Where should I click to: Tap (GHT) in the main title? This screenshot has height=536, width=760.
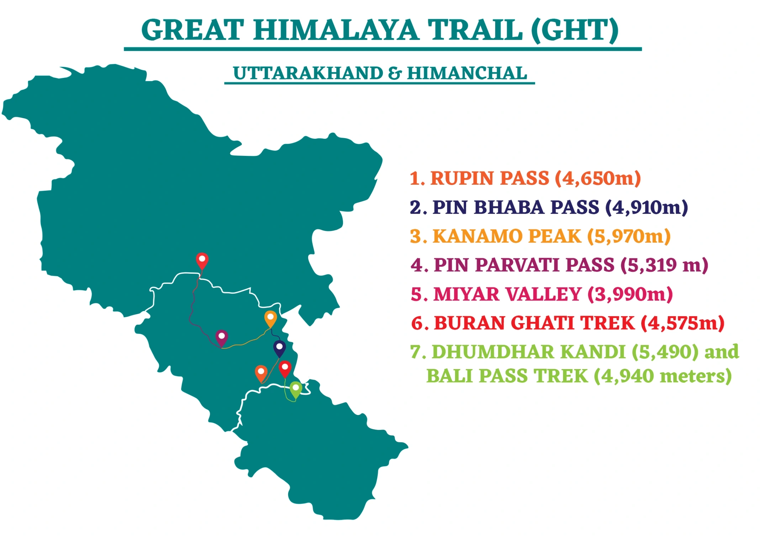(575, 30)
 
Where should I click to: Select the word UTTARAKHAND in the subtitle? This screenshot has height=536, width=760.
(308, 73)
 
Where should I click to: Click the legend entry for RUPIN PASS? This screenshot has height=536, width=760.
(525, 178)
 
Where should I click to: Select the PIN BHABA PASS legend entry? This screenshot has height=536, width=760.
(549, 207)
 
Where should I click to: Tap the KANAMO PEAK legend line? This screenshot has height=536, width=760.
(540, 236)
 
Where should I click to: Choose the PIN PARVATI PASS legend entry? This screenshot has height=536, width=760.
(559, 265)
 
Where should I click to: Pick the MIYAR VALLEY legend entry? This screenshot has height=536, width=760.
(541, 294)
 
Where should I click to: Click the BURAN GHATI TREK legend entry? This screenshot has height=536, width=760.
(568, 323)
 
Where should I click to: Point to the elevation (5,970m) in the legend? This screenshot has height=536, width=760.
(629, 236)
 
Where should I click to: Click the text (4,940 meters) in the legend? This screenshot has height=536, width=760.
(663, 376)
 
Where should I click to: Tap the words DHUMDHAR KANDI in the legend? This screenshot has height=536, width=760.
(528, 352)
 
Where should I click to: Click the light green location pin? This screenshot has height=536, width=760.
(296, 389)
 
